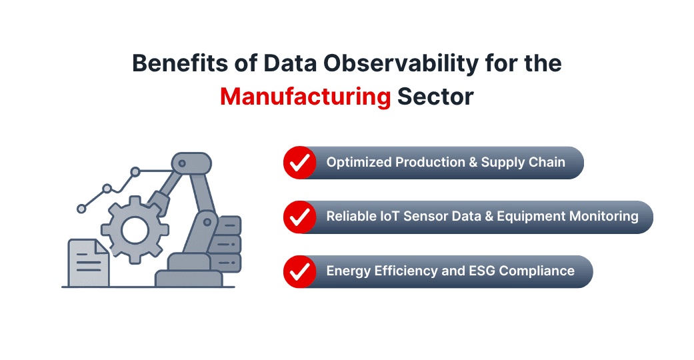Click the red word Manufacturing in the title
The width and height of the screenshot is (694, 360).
point(305,97)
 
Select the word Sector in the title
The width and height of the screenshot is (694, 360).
point(435,97)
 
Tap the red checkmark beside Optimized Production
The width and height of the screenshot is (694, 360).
point(300,163)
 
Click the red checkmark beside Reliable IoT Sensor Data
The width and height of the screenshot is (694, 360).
point(300,217)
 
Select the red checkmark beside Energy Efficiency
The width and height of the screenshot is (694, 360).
point(300,271)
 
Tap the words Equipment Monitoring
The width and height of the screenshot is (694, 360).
point(567,217)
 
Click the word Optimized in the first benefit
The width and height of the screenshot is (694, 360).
point(358,162)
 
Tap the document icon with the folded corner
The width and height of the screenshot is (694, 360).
point(87,263)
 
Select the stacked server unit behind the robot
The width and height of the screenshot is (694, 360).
point(228,244)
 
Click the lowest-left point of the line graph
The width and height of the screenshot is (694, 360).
point(82,209)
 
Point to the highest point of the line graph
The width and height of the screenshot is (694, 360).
point(135,172)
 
